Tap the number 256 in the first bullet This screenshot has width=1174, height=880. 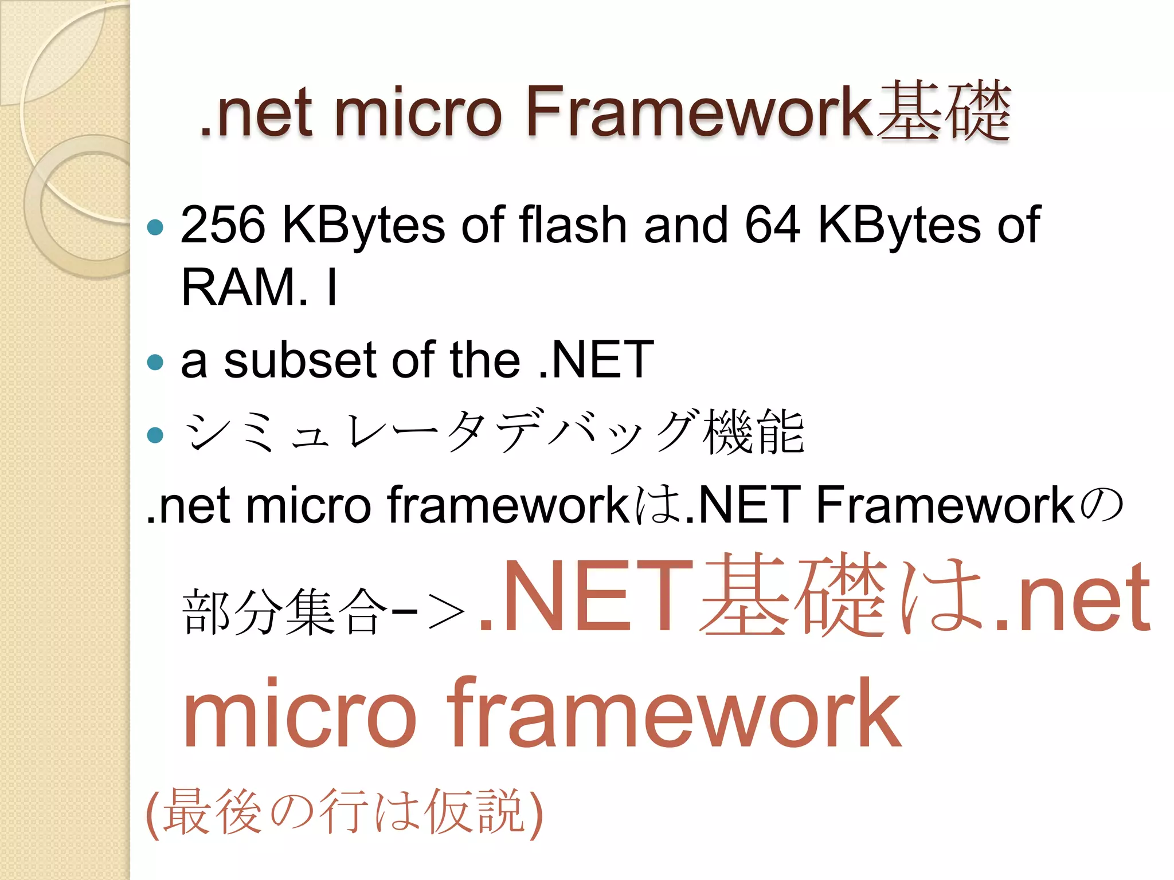tap(223, 225)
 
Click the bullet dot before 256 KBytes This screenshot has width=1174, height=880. tap(155, 227)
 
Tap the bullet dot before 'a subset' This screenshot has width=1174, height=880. tap(155, 362)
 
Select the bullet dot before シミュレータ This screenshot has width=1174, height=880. tap(155, 435)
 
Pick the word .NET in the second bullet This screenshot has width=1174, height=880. tap(596, 360)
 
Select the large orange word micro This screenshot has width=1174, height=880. tap(299, 716)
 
